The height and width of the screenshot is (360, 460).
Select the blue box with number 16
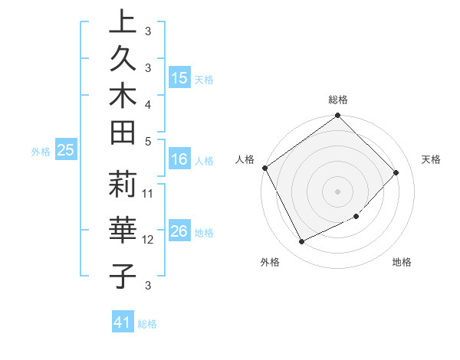179,159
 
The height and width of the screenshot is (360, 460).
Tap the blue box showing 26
179,231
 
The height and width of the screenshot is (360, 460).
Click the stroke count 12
149,240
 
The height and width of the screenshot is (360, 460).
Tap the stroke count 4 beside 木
148,103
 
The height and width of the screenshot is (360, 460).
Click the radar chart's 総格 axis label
338,100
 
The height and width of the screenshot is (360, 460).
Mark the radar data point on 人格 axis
265,168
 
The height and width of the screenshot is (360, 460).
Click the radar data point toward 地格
356,216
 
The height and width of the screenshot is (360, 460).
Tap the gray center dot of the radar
338,191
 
